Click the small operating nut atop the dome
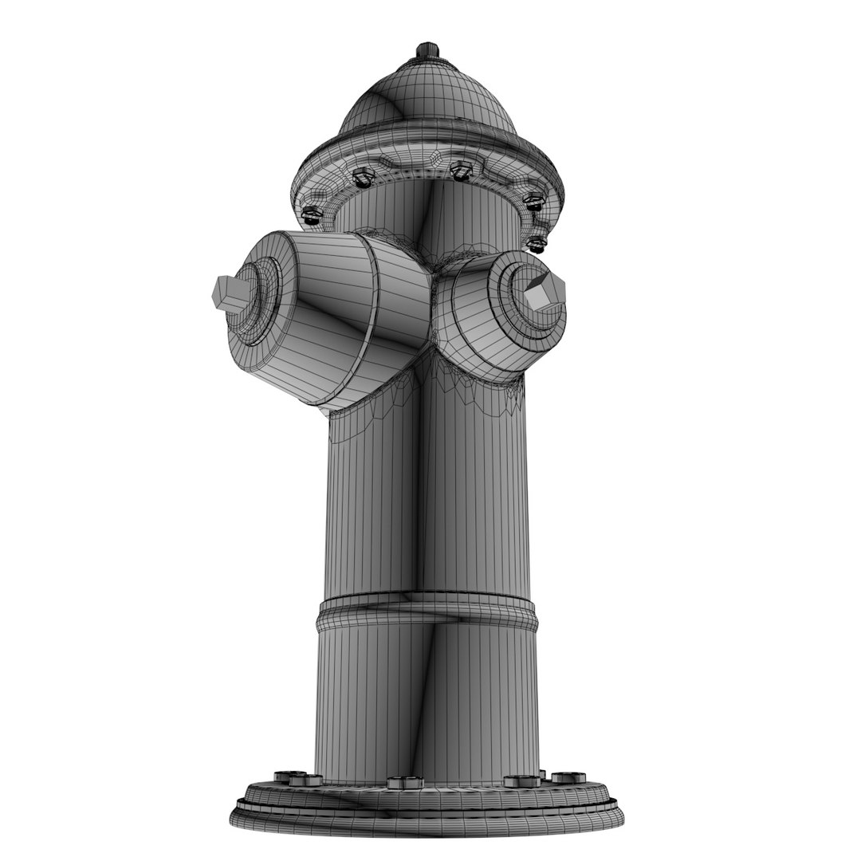coord(428,50)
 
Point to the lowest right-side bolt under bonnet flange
coord(537,243)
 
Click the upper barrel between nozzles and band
coord(427,494)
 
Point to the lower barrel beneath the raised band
coord(427,702)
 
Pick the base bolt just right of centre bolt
coord(522,780)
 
